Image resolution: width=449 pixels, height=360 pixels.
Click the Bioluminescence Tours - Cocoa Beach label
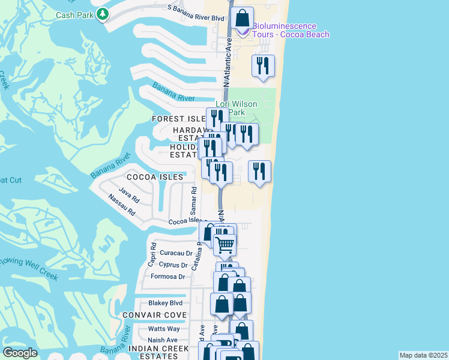(x=291, y=31)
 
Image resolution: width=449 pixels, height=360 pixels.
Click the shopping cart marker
(x=225, y=244)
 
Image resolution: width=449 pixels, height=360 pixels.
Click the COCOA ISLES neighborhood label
(x=155, y=177)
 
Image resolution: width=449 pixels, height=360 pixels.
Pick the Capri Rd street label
(x=152, y=255)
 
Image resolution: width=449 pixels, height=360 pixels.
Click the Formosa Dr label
(x=167, y=277)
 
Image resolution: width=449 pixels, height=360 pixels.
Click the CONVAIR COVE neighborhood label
(x=154, y=315)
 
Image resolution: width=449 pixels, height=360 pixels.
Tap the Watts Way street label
(x=164, y=329)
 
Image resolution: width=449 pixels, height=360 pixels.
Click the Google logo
(x=20, y=353)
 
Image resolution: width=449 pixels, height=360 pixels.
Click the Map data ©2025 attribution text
(x=423, y=355)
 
